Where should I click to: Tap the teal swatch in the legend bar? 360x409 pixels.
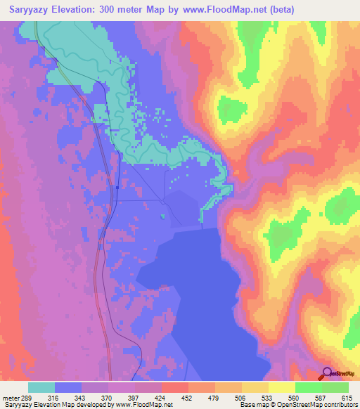(x=41, y=387)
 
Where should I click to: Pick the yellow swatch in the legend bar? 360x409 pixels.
(x=281, y=387)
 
